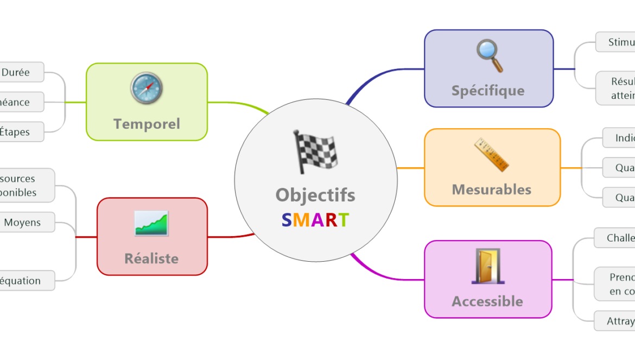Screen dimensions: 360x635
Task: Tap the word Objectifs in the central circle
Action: click(x=315, y=195)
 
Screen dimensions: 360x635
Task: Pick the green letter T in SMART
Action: click(x=344, y=220)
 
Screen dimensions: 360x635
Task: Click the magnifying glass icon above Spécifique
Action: click(x=489, y=55)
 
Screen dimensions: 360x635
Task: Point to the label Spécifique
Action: click(x=488, y=90)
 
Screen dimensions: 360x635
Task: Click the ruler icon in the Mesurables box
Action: click(x=491, y=155)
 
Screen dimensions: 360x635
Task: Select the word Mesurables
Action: click(x=492, y=190)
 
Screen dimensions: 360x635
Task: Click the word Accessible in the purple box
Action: click(x=487, y=301)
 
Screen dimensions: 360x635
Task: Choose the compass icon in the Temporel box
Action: click(x=147, y=89)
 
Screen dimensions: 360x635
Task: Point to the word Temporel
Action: click(x=147, y=124)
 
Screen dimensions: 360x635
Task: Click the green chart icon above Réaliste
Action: click(x=151, y=223)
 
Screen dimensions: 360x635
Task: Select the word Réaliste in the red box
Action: click(x=151, y=258)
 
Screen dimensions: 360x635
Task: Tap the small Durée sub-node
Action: click(x=16, y=72)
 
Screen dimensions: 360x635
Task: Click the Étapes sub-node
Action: click(x=15, y=132)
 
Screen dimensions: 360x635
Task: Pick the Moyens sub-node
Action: click(x=22, y=223)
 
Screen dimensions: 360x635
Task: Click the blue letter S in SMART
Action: click(x=287, y=220)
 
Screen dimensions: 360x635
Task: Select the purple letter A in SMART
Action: click(x=317, y=220)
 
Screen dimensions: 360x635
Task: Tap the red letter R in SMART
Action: click(x=331, y=220)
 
